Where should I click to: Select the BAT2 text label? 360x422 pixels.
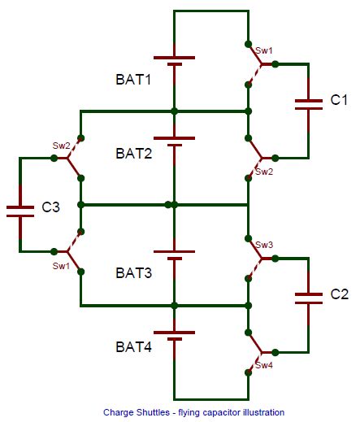coord(134,153)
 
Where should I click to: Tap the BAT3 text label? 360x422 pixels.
coord(134,272)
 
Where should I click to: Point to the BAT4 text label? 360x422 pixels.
coord(134,348)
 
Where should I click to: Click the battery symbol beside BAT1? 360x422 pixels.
coord(173,63)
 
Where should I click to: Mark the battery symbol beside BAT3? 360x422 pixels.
coord(173,255)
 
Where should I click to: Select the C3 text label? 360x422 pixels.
coord(50,208)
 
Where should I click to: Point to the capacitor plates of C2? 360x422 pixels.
coord(308,298)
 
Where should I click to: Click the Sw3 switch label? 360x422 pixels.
coord(263,245)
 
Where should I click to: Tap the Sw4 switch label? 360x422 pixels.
coord(263,365)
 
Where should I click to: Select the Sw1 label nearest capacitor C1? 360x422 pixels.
coord(263,50)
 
